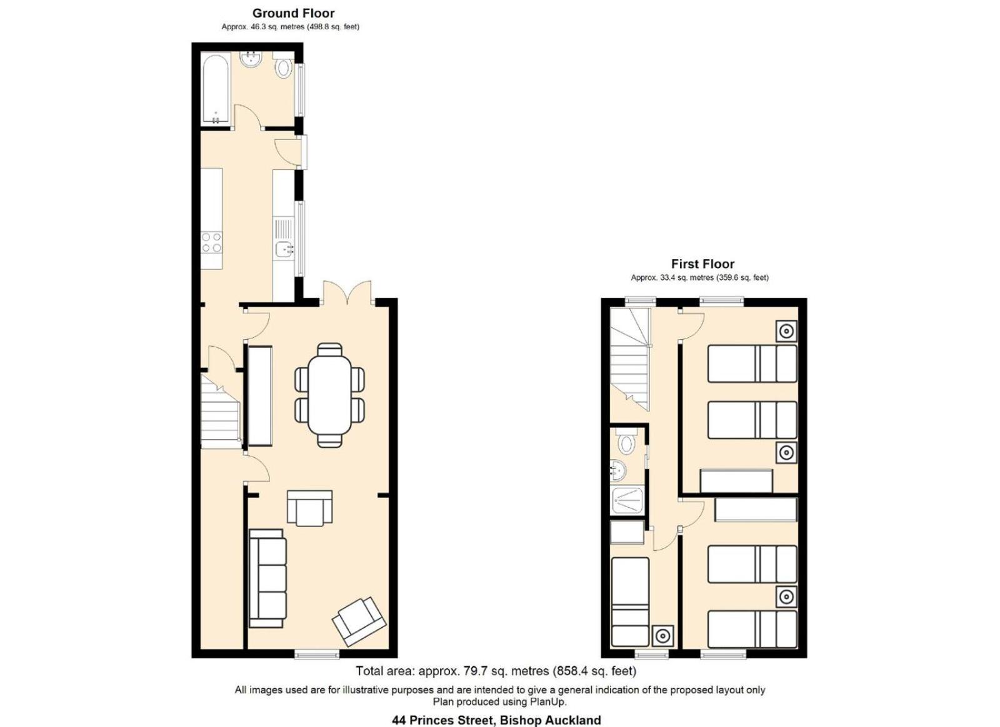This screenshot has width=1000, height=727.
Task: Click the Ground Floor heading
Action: click(293, 13)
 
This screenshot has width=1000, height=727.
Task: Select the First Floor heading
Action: click(702, 264)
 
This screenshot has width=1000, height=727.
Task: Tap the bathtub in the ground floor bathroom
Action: click(216, 88)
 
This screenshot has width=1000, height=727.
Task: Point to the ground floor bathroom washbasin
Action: click(251, 59)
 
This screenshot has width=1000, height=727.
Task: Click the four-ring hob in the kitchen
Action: click(211, 242)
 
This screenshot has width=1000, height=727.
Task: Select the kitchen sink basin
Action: click(284, 249)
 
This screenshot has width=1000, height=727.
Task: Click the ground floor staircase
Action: click(221, 411)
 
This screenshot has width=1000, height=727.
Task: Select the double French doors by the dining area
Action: click(347, 293)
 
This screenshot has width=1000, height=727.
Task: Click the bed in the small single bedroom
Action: click(629, 601)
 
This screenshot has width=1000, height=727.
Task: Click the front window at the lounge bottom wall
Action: click(317, 655)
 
